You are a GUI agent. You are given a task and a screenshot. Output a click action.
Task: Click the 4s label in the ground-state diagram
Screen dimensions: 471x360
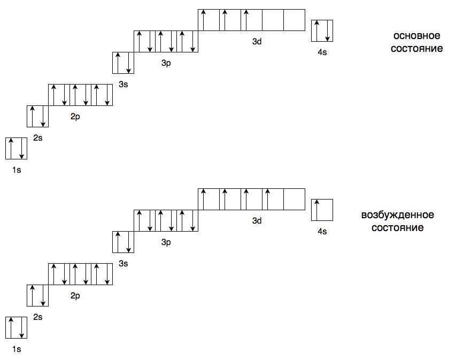click(322, 52)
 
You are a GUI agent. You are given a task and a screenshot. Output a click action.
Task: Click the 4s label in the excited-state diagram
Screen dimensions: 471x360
click(322, 232)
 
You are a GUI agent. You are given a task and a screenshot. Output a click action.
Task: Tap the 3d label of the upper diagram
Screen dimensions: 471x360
click(257, 42)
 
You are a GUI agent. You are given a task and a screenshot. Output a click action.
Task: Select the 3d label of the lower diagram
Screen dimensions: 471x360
click(257, 220)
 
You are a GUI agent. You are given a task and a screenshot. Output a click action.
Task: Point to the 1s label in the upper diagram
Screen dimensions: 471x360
click(17, 170)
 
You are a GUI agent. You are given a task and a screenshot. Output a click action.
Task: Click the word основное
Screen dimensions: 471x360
click(416, 36)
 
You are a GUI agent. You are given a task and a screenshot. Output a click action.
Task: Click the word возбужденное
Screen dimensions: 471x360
click(397, 215)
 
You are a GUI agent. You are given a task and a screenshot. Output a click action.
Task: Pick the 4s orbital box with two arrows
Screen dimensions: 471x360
click(322, 30)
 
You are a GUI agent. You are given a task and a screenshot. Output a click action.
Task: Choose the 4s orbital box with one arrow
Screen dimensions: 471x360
click(322, 210)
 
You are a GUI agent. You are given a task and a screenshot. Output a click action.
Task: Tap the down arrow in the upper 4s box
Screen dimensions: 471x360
click(327, 30)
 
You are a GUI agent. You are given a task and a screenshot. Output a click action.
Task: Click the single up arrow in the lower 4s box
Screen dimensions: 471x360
click(316, 210)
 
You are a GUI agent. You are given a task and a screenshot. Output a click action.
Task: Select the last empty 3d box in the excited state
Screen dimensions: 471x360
click(295, 199)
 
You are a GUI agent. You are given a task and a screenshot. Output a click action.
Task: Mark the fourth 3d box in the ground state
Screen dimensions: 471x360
click(273, 20)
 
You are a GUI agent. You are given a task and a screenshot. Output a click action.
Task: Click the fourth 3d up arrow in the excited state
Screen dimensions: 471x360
click(268, 199)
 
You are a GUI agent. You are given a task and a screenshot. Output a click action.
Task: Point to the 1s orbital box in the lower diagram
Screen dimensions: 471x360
click(16, 327)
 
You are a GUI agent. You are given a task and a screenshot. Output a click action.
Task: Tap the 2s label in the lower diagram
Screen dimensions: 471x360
click(38, 317)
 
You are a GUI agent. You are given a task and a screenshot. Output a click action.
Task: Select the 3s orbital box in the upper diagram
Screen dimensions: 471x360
click(123, 63)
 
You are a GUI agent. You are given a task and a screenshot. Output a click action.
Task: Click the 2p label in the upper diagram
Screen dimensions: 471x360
click(75, 117)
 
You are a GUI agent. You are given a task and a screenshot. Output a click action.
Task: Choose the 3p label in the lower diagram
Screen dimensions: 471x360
click(166, 242)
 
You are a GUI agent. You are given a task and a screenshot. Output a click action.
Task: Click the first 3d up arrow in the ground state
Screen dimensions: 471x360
click(203, 20)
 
